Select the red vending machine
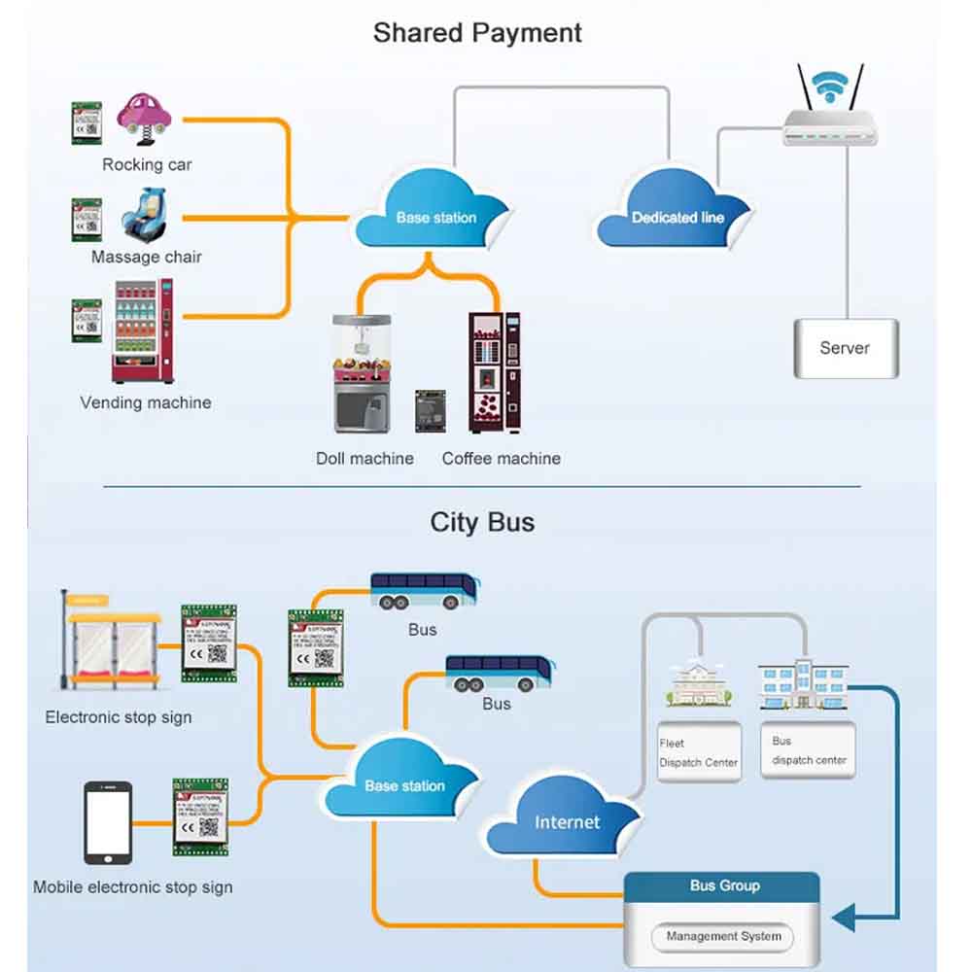tap(143, 331)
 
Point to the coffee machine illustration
tap(494, 372)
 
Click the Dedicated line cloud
tap(674, 210)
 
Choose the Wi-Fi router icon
tap(831, 112)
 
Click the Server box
tap(845, 348)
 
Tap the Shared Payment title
tap(477, 32)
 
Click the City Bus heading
tap(482, 522)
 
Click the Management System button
tap(723, 937)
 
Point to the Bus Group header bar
tap(723, 886)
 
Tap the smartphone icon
tap(107, 823)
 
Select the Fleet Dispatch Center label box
tap(698, 752)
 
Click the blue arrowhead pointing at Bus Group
tap(843, 917)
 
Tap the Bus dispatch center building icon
tap(803, 685)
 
